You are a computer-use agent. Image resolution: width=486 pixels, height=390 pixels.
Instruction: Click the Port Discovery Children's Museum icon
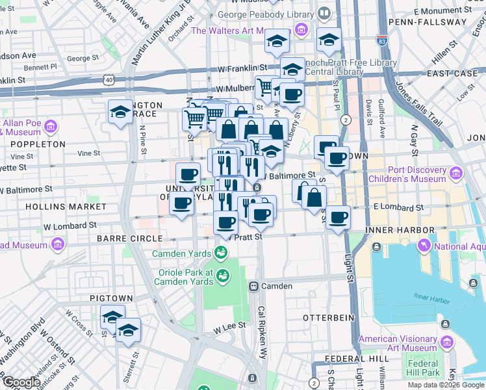pyautogui.click(x=455, y=174)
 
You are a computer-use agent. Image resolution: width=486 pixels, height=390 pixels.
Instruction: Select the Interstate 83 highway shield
pyautogui.click(x=382, y=40)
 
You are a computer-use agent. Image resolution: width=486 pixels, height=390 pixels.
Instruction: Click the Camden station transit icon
pyautogui.click(x=253, y=286)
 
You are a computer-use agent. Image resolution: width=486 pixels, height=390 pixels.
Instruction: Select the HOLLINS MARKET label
pyautogui.click(x=66, y=206)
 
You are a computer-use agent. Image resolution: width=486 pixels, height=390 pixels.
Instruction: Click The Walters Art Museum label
pyautogui.click(x=240, y=31)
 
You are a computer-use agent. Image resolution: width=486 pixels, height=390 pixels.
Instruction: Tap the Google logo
pyautogui.click(x=21, y=382)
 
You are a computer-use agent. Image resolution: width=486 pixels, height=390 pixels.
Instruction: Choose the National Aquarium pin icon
pyautogui.click(x=425, y=245)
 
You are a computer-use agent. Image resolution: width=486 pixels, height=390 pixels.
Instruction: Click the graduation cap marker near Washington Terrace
pyautogui.click(x=120, y=112)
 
